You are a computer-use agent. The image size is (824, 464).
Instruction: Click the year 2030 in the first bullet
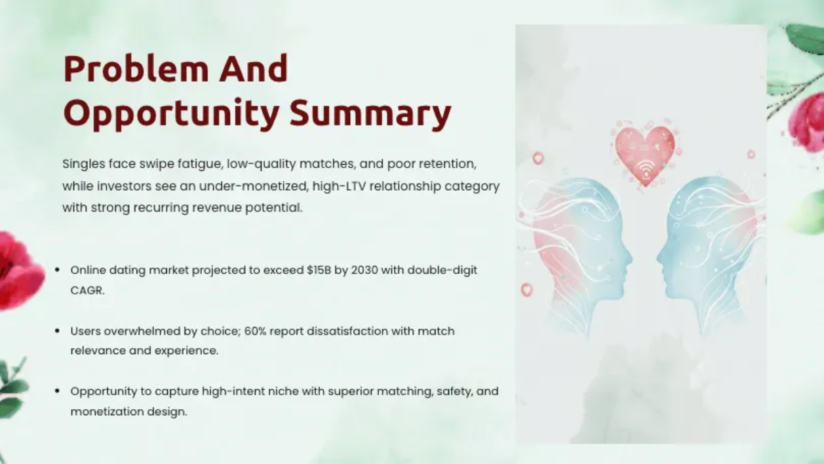pos(365,270)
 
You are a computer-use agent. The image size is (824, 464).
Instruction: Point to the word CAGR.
pos(88,290)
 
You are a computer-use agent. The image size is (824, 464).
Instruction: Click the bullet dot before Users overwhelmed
pos(58,331)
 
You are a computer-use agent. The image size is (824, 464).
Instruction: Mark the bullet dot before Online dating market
pos(58,270)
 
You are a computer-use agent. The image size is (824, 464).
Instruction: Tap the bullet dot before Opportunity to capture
pos(58,391)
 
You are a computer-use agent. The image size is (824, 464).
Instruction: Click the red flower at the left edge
pos(17,271)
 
